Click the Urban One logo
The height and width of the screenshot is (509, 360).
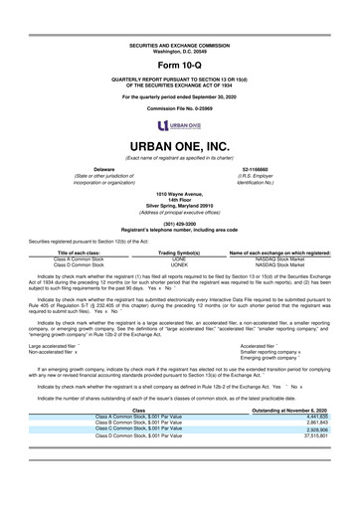click(x=180, y=125)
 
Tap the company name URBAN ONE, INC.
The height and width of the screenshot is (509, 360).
click(x=180, y=145)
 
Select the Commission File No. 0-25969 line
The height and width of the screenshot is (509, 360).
click(x=180, y=108)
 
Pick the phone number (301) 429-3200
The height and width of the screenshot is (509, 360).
click(x=180, y=225)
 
